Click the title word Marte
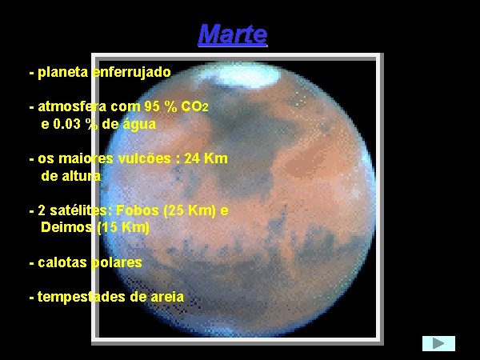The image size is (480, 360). (232, 34)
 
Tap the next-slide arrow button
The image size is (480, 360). (438, 343)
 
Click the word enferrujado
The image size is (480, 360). (131, 72)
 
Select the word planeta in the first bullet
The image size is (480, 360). (63, 72)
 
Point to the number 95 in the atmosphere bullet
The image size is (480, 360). (153, 107)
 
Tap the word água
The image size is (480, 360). (138, 124)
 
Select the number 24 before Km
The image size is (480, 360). (193, 158)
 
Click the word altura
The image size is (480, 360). (82, 176)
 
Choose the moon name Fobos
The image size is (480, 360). (136, 210)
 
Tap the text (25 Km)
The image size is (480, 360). (188, 210)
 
